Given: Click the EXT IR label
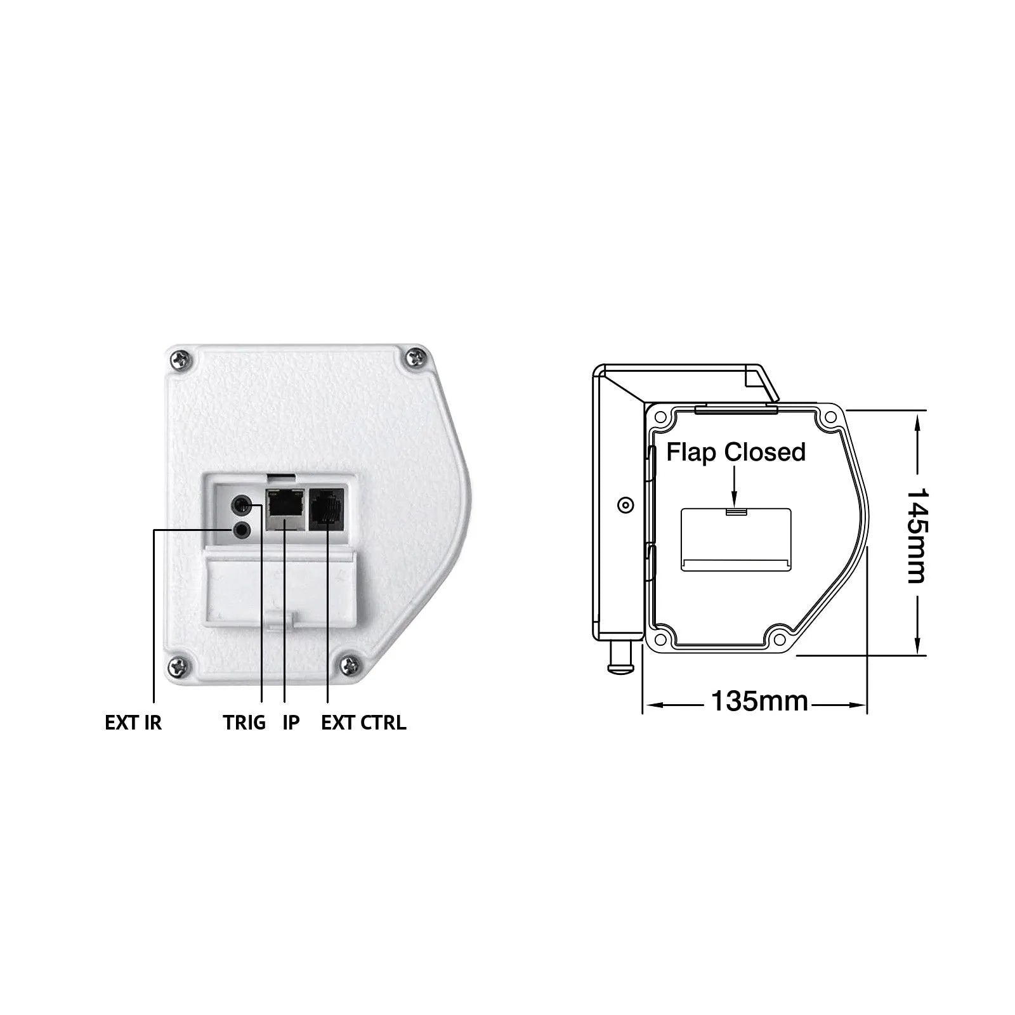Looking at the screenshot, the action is point(133,723).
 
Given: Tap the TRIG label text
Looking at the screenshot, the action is point(244,723).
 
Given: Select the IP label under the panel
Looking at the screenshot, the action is point(291,723).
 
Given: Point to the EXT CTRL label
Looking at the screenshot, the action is point(363,723).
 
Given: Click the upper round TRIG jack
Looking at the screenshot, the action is point(242,506).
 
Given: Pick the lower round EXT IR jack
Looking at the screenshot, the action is point(242,530).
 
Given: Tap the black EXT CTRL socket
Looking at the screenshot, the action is point(327,509).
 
